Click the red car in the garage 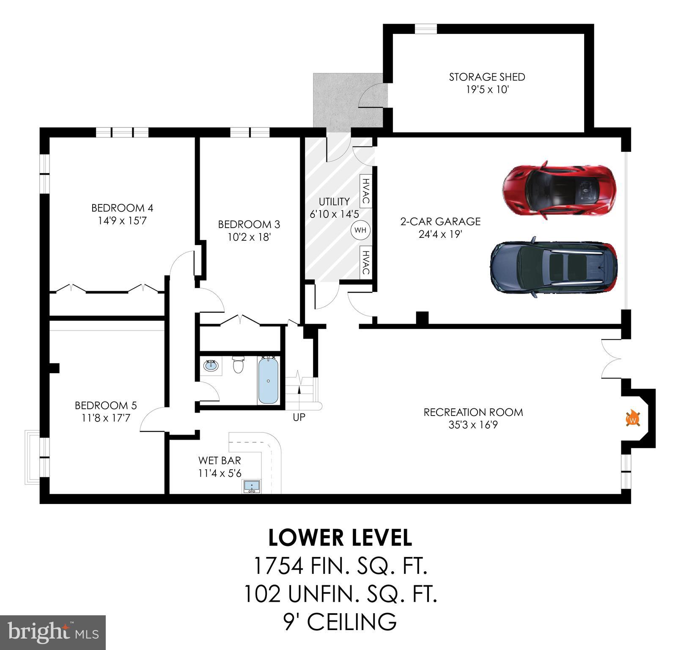click(x=560, y=190)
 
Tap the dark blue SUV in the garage click(x=554, y=267)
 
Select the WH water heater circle click(x=360, y=230)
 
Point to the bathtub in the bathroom click(x=268, y=380)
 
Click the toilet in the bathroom click(x=239, y=364)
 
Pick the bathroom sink click(x=211, y=365)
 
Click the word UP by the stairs click(x=299, y=417)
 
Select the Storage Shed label click(x=487, y=77)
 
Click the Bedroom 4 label click(x=122, y=208)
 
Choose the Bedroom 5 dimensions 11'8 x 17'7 click(x=106, y=418)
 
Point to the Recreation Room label click(x=473, y=412)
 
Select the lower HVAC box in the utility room click(x=366, y=262)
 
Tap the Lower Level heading click(x=340, y=537)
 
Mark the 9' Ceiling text click(x=340, y=622)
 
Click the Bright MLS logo click(x=53, y=633)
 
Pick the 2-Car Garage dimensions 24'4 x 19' click(x=440, y=234)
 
